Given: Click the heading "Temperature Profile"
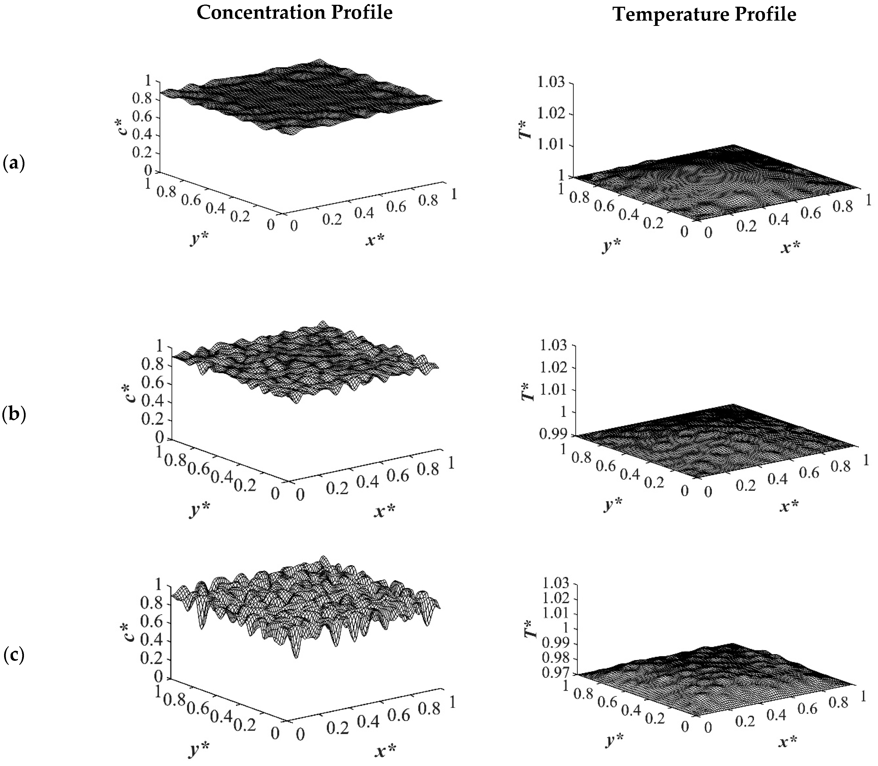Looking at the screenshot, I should tap(705, 15).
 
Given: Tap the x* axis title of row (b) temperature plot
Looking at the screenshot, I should tap(789, 507).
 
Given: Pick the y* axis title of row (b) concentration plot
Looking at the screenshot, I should tap(200, 509).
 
